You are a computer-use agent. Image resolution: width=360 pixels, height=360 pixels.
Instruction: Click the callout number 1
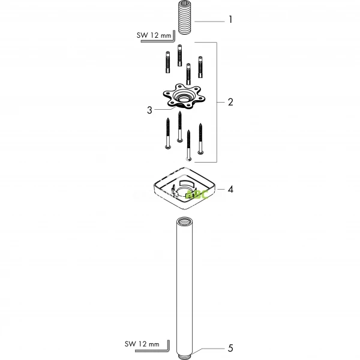pyautogui.click(x=230, y=20)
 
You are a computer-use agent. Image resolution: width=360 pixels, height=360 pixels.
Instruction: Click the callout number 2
pyautogui.click(x=230, y=102)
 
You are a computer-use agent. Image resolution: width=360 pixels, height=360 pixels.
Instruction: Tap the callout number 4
pyautogui.click(x=230, y=189)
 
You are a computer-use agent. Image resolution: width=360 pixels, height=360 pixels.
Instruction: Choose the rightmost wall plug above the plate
pyautogui.click(x=201, y=66)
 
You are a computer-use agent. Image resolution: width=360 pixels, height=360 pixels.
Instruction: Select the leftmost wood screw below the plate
pyautogui.click(x=167, y=133)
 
